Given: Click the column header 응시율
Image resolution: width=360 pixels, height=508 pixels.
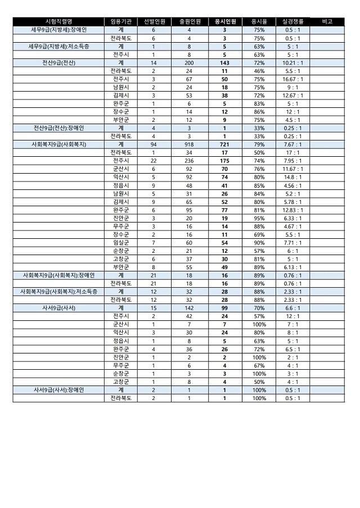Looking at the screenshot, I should (x=259, y=21).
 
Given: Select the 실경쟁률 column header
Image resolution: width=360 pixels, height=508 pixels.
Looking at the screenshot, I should (x=292, y=21).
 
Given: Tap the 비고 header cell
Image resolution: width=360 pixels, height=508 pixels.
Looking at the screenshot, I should (x=328, y=21).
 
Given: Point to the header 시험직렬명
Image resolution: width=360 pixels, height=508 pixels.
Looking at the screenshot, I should (x=58, y=21).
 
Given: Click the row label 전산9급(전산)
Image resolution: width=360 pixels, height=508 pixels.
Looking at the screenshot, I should (x=58, y=63).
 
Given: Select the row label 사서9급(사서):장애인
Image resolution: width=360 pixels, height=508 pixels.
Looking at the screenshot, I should (x=58, y=390).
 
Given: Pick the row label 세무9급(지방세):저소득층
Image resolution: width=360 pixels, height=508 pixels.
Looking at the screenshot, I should (x=58, y=47).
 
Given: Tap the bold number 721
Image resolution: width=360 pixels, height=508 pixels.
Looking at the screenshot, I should (x=224, y=144).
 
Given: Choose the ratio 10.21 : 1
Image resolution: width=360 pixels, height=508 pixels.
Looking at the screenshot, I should (x=292, y=63).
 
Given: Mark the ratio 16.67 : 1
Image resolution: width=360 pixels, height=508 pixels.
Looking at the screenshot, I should (x=292, y=79).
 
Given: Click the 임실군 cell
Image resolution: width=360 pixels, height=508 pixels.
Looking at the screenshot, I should (x=121, y=243).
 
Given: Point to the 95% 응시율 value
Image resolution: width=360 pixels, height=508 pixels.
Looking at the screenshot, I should (x=259, y=218).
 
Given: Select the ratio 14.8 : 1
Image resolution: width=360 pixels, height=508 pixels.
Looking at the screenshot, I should (x=292, y=177).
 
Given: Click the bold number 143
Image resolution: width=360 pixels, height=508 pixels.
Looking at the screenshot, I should (x=224, y=63).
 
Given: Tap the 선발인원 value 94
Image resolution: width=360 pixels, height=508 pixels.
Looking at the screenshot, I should (x=154, y=144).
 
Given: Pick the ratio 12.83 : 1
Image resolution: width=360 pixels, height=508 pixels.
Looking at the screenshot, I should (x=292, y=210).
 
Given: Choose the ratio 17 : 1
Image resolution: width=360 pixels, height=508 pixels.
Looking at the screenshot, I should (x=292, y=153).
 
